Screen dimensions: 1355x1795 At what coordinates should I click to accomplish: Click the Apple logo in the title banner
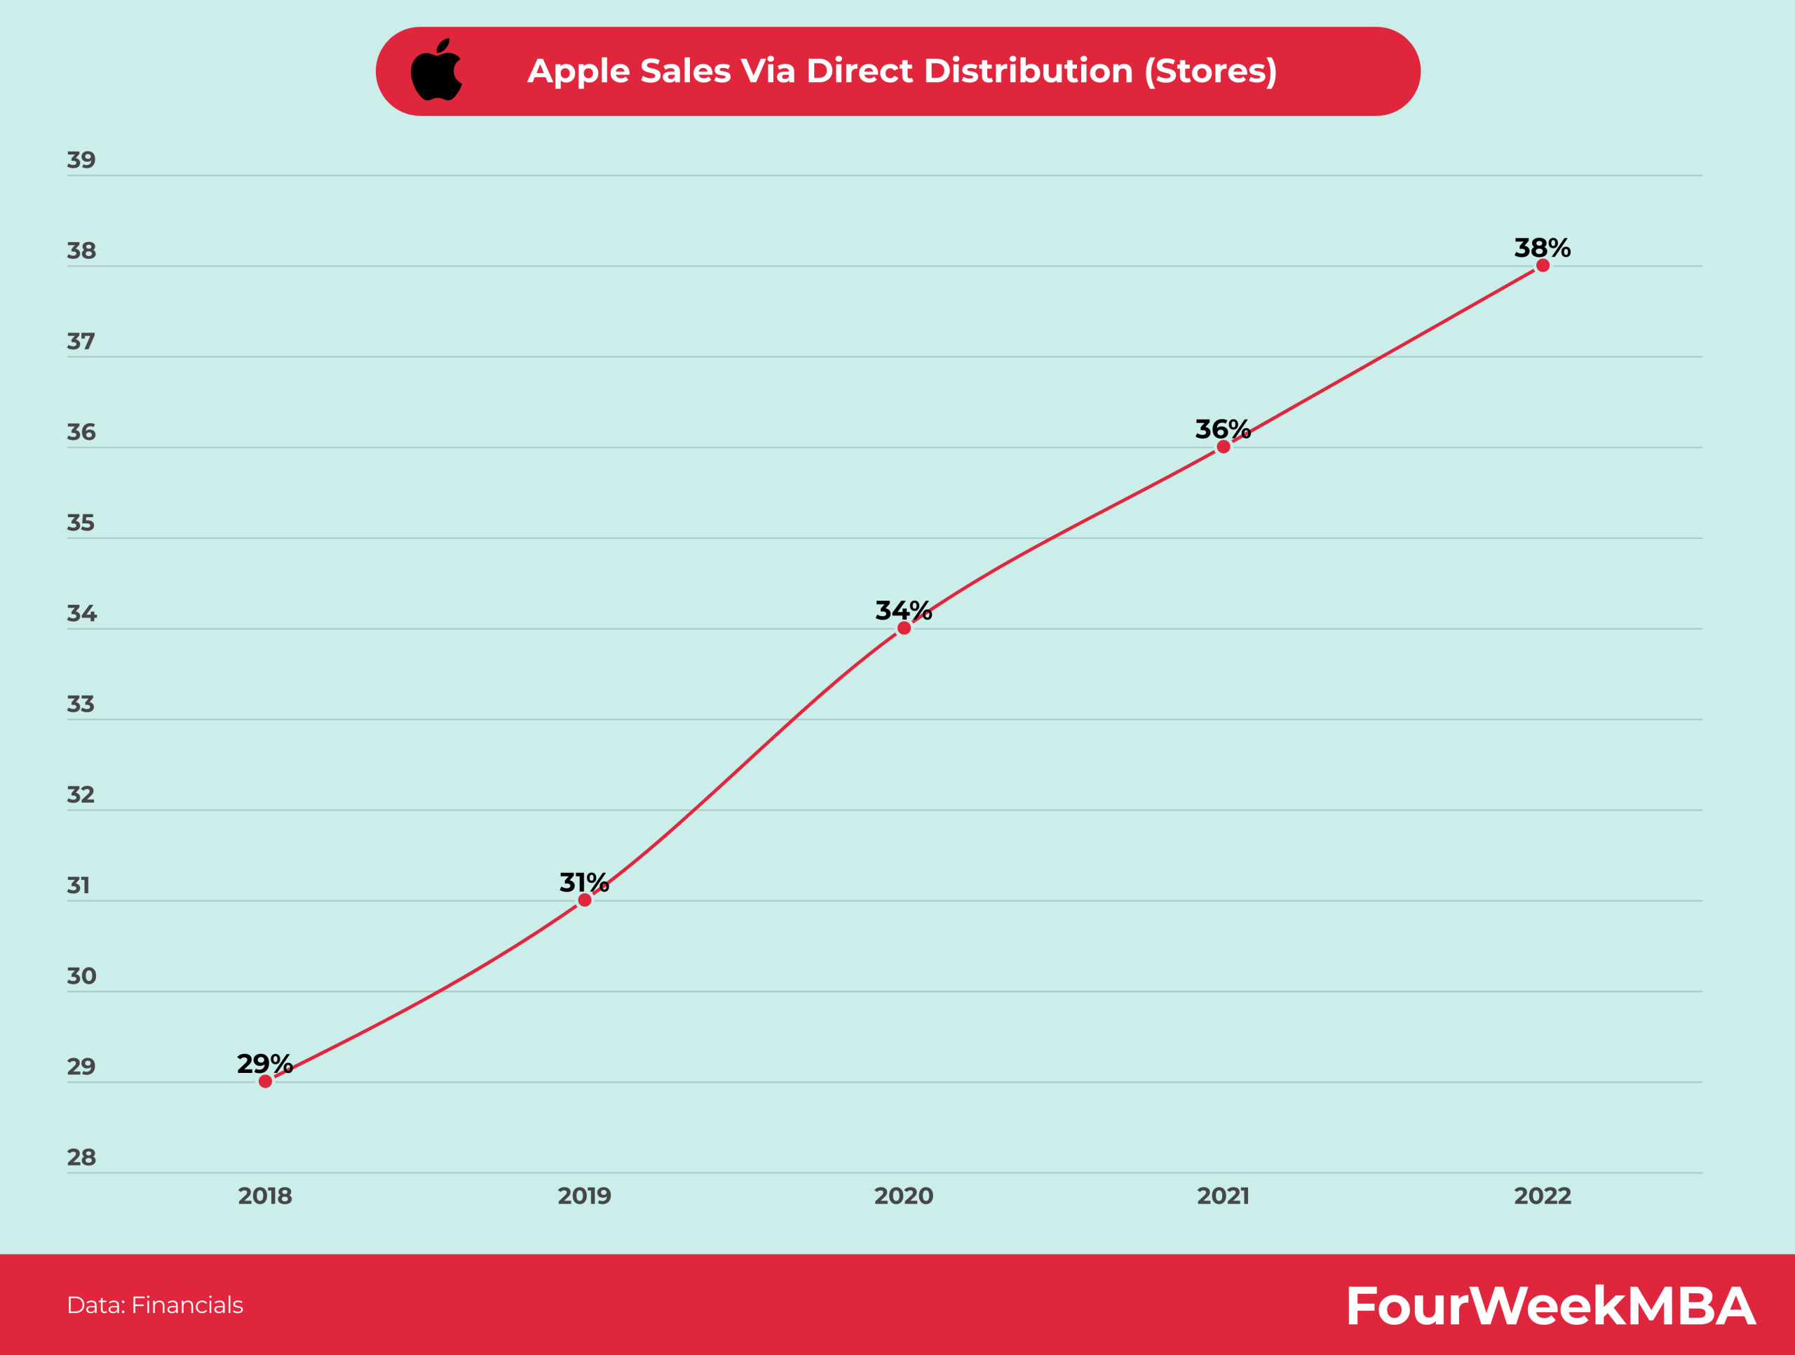437,70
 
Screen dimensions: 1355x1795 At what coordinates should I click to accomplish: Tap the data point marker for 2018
265,1081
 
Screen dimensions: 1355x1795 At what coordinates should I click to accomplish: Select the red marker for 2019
584,900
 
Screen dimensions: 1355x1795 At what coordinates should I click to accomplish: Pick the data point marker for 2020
904,627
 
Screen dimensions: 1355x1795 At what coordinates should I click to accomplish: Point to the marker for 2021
1223,446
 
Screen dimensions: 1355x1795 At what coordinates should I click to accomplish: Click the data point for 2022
1543,265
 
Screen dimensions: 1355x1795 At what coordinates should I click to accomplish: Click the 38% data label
1542,248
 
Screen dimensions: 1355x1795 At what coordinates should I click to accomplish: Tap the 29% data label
264,1064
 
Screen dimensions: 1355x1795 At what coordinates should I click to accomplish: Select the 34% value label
903,610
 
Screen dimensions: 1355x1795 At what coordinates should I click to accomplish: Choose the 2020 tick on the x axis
903,1195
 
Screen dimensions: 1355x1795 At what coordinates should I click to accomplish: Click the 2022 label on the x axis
1542,1195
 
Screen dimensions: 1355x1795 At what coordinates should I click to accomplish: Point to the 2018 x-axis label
264,1195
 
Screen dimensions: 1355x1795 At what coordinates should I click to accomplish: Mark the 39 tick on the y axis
81,160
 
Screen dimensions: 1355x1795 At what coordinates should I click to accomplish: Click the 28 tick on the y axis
81,1157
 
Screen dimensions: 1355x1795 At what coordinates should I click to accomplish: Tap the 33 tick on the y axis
81,704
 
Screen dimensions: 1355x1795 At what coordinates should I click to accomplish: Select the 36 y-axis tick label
81,432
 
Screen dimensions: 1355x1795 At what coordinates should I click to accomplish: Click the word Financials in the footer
187,1304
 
